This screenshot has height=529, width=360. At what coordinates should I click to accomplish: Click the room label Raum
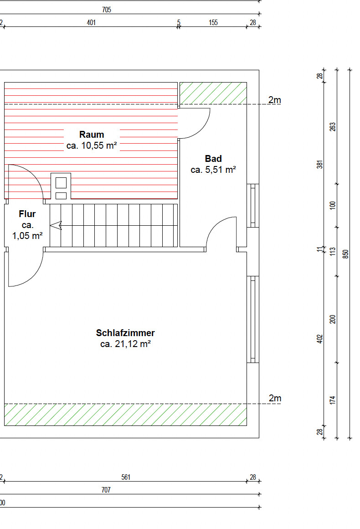pos(91,135)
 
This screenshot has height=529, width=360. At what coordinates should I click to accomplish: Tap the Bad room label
pos(213,159)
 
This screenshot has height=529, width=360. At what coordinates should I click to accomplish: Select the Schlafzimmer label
pos(125,333)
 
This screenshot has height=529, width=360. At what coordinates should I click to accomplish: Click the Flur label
pos(27,214)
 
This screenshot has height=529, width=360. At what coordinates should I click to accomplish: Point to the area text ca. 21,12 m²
pos(125,344)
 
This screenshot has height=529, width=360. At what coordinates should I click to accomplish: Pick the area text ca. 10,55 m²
pos(92,146)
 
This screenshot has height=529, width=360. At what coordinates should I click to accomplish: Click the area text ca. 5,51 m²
pos(213,170)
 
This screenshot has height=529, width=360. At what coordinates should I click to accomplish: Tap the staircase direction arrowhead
pos(56,225)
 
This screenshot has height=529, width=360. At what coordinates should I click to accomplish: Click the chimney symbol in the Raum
pos(61,187)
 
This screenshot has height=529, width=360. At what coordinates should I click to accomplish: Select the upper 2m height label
pos(275,100)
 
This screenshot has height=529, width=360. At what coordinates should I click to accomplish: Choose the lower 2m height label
pos(275,398)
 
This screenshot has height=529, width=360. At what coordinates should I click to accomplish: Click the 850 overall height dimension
pos(345,254)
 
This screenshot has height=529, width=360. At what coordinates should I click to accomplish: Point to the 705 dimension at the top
pos(107,10)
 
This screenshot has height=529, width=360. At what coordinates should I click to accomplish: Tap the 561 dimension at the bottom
pos(126,477)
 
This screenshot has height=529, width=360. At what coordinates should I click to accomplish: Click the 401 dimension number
pos(91,23)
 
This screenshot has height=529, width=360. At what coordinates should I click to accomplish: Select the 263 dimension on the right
pos(333,127)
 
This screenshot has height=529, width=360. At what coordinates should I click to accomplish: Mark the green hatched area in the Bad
pos(213,93)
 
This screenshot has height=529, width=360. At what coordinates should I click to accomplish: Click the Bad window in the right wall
pos(253,206)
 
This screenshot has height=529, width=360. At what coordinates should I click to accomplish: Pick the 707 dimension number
pos(106,490)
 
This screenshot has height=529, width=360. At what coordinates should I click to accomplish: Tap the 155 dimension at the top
pos(213,23)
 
